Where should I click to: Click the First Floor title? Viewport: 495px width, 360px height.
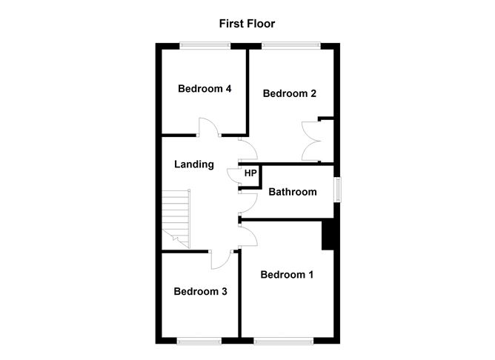[247, 24]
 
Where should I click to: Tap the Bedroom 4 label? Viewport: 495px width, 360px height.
[205, 89]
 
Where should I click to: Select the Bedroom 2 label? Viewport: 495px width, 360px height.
[290, 93]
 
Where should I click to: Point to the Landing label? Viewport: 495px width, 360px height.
[194, 164]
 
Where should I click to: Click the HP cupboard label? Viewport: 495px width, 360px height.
[250, 173]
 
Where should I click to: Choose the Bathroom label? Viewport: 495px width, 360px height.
[292, 192]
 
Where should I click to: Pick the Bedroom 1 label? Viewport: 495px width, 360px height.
[287, 275]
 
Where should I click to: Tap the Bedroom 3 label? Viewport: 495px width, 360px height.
[200, 291]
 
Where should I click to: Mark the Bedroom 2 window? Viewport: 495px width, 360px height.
[290, 46]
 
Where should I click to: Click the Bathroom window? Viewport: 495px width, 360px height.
[338, 189]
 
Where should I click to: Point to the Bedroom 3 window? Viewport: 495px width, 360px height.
[199, 341]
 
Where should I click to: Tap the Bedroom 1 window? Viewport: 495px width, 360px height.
[284, 341]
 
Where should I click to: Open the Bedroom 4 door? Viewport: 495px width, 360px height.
[207, 127]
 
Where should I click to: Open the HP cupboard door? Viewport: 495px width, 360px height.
[233, 176]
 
